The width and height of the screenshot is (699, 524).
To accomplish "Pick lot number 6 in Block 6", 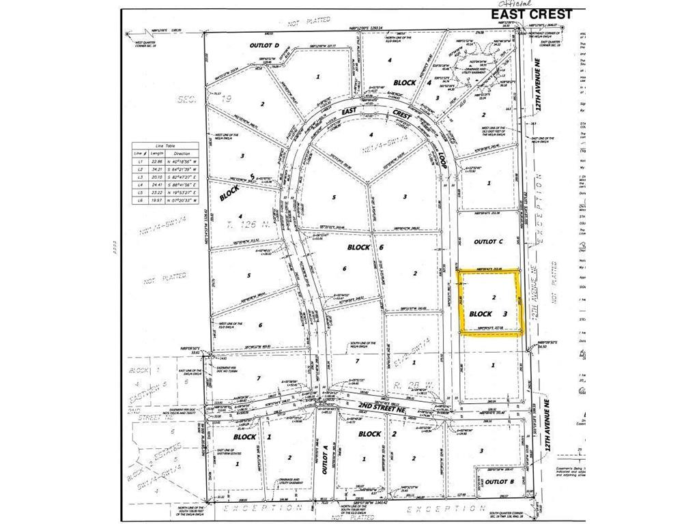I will [x=345, y=269].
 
